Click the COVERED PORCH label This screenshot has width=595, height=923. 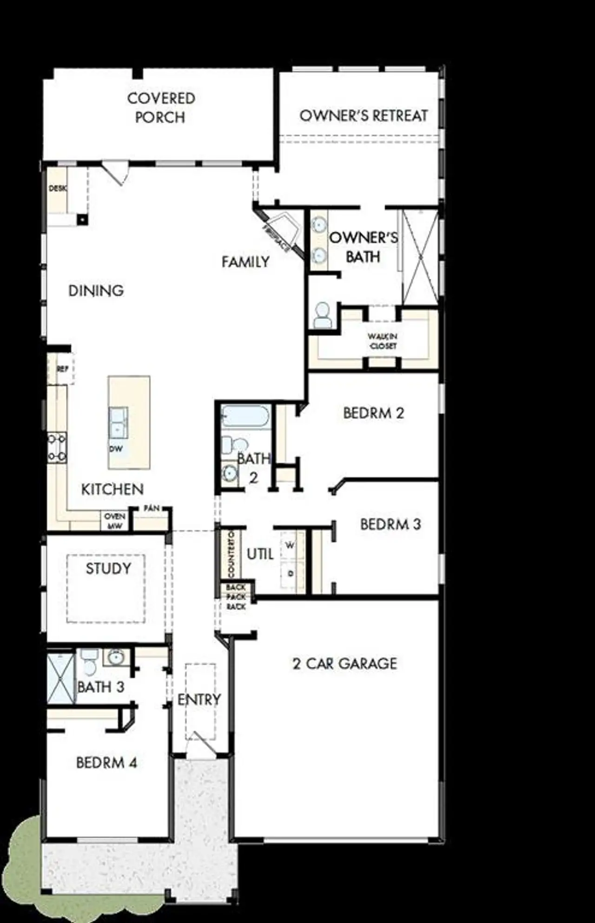tap(161, 108)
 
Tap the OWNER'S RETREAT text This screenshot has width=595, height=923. tap(364, 116)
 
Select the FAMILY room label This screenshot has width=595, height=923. tap(245, 262)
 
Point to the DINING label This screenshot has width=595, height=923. tap(96, 291)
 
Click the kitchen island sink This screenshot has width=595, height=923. tap(119, 422)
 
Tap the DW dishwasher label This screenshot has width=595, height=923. tap(116, 449)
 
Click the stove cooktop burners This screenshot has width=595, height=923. tap(57, 448)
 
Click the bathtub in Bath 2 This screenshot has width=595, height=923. tap(245, 416)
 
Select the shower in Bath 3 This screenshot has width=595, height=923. tap(61, 678)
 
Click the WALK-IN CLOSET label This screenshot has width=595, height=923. tap(383, 341)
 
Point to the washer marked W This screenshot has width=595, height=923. tap(291, 546)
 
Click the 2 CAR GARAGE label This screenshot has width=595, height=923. tap(345, 664)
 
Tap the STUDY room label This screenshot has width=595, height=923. tap(108, 568)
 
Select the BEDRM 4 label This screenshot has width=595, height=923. tap(106, 763)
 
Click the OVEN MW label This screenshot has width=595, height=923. tap(114, 521)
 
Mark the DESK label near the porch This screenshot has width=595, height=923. tap(58, 188)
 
